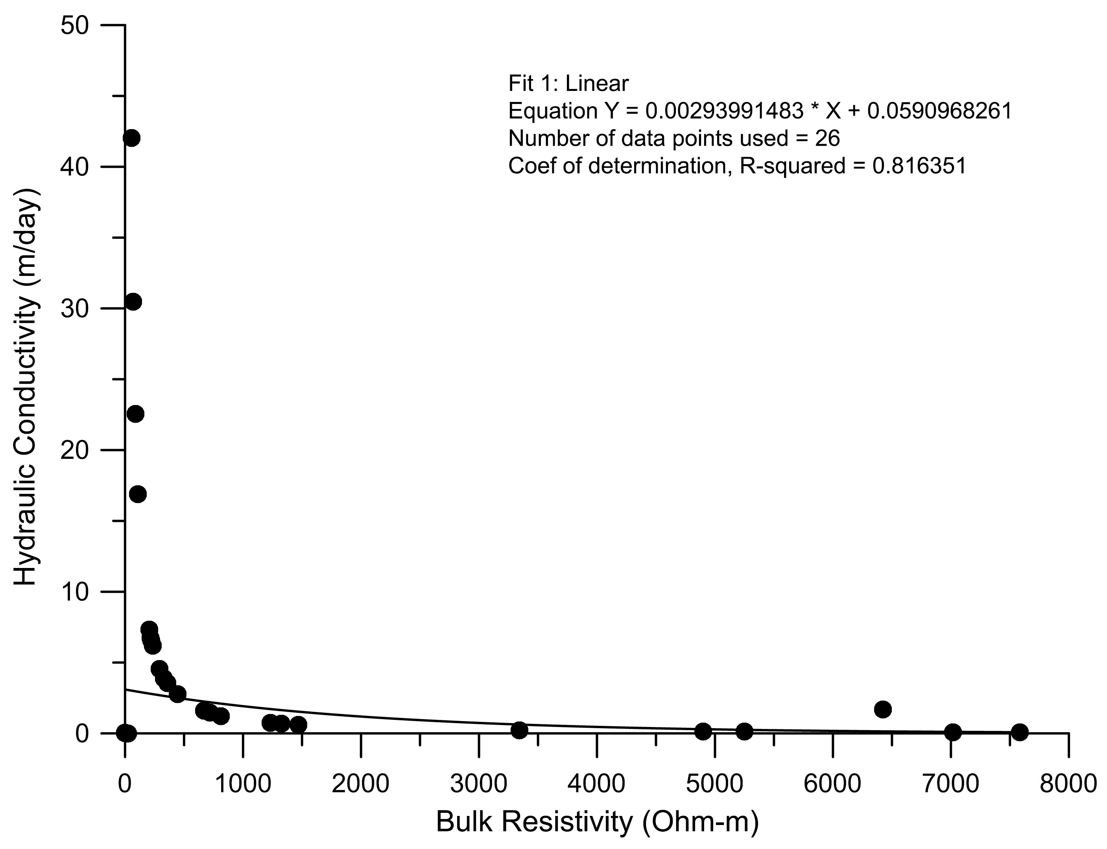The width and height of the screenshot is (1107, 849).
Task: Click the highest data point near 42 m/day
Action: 131,138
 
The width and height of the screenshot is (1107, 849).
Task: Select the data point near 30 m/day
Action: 133,302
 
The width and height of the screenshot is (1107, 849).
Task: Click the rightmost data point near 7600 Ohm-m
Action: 1020,732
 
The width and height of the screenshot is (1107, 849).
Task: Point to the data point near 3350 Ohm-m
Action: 519,730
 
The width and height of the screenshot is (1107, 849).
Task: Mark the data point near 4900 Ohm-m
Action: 703,731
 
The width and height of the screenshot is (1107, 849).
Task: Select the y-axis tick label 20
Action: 75,450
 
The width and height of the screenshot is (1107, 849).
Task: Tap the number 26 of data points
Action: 827,139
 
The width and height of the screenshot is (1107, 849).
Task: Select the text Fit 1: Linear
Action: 568,83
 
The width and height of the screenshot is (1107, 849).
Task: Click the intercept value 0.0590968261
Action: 940,111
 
